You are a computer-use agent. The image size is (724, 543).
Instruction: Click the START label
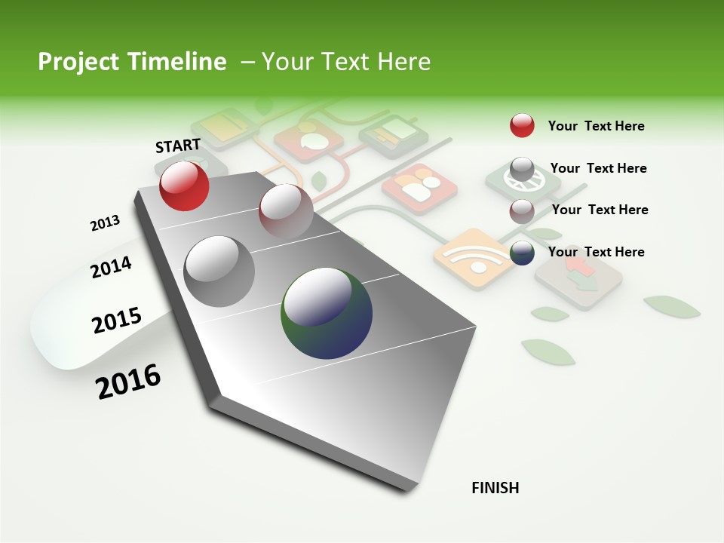pos(178,146)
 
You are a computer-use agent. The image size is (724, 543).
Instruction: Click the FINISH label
pos(495,488)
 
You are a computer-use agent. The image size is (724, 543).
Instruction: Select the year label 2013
pos(105,223)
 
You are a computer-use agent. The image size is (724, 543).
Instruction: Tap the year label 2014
pos(111,267)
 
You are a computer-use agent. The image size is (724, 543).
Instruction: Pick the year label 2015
pos(117,321)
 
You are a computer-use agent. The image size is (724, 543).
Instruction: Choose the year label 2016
pos(128,382)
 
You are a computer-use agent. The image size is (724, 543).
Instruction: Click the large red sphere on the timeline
pos(184,186)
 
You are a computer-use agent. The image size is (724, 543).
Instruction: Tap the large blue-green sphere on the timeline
pos(327,313)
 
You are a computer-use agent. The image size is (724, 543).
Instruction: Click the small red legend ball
pos(522,125)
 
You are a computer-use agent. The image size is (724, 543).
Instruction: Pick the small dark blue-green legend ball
pos(522,253)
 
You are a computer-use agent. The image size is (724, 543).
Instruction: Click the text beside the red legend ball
pos(596,126)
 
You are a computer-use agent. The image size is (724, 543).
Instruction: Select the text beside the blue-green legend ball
pos(596,252)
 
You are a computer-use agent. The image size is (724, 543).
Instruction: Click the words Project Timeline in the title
pos(132,62)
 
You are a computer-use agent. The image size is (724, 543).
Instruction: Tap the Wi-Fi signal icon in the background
pos(472,259)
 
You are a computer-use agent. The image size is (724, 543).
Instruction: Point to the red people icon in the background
pos(420,188)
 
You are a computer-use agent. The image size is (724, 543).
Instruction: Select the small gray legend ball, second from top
pos(522,168)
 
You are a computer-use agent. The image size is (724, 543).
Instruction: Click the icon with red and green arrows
pos(578,276)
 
